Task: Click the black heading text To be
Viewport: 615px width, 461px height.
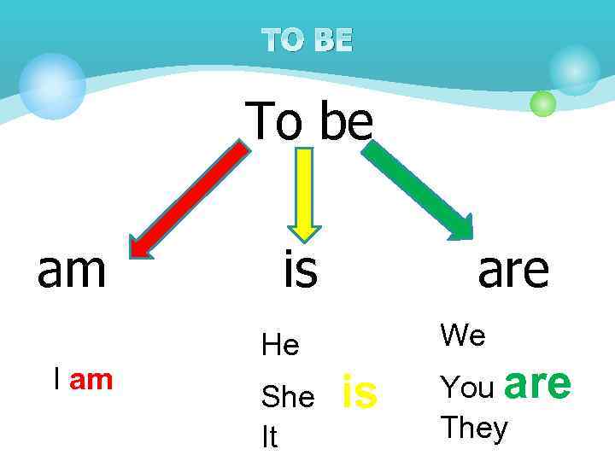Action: pos(309,121)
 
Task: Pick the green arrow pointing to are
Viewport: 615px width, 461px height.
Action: pos(419,190)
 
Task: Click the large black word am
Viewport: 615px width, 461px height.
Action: pos(72,269)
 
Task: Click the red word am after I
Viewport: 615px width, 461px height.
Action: pos(91,380)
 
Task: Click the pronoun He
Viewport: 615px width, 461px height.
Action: pos(280,346)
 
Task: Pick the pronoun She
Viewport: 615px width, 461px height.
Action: pos(288,396)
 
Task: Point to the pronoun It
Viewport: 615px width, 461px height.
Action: pos(269,437)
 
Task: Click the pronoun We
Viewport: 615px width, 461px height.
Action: pos(463,336)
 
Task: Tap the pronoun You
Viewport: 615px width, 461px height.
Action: pos(467,388)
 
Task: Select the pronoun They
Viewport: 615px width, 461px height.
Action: pos(473,428)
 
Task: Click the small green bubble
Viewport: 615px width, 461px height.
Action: pos(542,103)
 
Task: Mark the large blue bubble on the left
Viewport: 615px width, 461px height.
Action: pos(52,85)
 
